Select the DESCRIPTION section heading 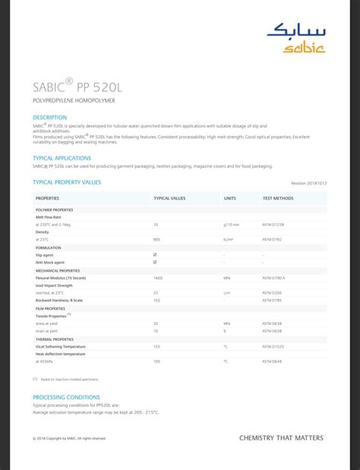(50, 118)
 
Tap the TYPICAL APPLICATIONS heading (62, 158)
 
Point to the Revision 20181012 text (308, 183)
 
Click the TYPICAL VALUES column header (169, 198)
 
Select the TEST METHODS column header (278, 198)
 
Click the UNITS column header (230, 198)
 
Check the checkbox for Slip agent (155, 255)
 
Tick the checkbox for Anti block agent (155, 262)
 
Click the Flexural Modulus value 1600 (158, 278)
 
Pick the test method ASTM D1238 (273, 225)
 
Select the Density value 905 (156, 240)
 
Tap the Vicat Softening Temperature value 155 (156, 347)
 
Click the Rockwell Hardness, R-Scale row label (62, 300)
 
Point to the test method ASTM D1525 (273, 347)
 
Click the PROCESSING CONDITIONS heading (66, 397)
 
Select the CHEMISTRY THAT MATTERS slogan (281, 438)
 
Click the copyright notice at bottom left (69, 439)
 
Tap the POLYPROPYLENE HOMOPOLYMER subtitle (74, 100)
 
